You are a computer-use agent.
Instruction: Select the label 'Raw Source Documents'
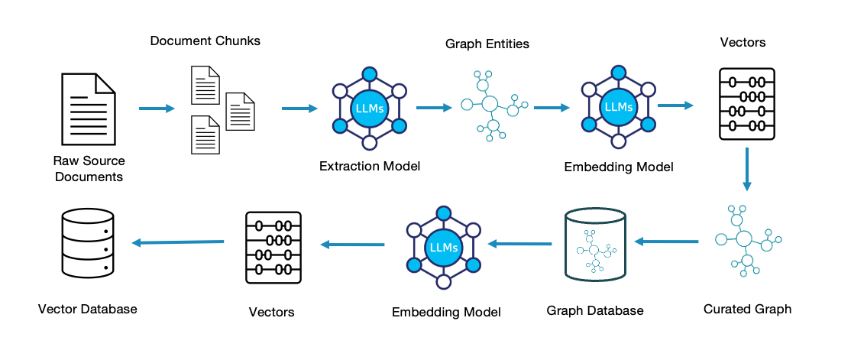pyautogui.click(x=89, y=169)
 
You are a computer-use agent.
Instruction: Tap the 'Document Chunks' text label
pyautogui.click(x=205, y=41)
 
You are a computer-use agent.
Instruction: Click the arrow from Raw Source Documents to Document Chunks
pyautogui.click(x=157, y=109)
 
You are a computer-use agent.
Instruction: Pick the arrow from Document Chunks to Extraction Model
pyautogui.click(x=299, y=109)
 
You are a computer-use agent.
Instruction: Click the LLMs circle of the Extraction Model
pyautogui.click(x=370, y=109)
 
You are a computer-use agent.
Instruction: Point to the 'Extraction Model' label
pyautogui.click(x=370, y=166)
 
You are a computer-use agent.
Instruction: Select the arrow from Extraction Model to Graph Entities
pyautogui.click(x=434, y=109)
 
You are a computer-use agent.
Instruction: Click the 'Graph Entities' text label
pyautogui.click(x=487, y=44)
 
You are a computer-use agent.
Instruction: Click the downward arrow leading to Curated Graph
pyautogui.click(x=747, y=170)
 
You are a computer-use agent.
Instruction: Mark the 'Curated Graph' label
pyautogui.click(x=747, y=309)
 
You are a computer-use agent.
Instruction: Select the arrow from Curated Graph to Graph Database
pyautogui.click(x=666, y=242)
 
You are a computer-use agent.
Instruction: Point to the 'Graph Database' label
pyautogui.click(x=595, y=310)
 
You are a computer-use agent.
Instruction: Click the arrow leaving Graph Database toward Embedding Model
pyautogui.click(x=519, y=244)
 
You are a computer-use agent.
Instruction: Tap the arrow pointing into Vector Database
pyautogui.click(x=178, y=243)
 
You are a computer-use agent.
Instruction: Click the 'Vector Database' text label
pyautogui.click(x=87, y=309)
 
